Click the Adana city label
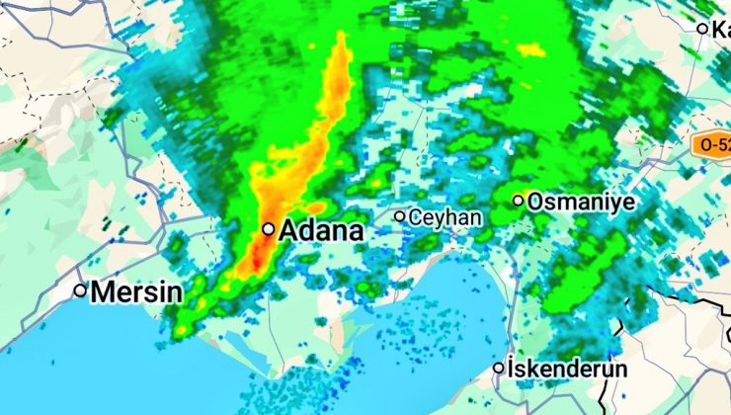pos(321,231)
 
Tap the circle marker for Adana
pos(268,228)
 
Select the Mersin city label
pos(136,292)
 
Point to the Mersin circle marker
pos(80,290)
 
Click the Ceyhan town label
pos(445,216)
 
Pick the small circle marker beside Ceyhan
pos(400,215)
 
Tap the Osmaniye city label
pos(581,202)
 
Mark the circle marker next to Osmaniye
pos(518,201)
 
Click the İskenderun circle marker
pos(500,369)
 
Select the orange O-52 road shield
pos(711,144)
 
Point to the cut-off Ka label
pos(720,29)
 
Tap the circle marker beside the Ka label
pos(702,29)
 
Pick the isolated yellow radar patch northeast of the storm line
pos(530,49)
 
